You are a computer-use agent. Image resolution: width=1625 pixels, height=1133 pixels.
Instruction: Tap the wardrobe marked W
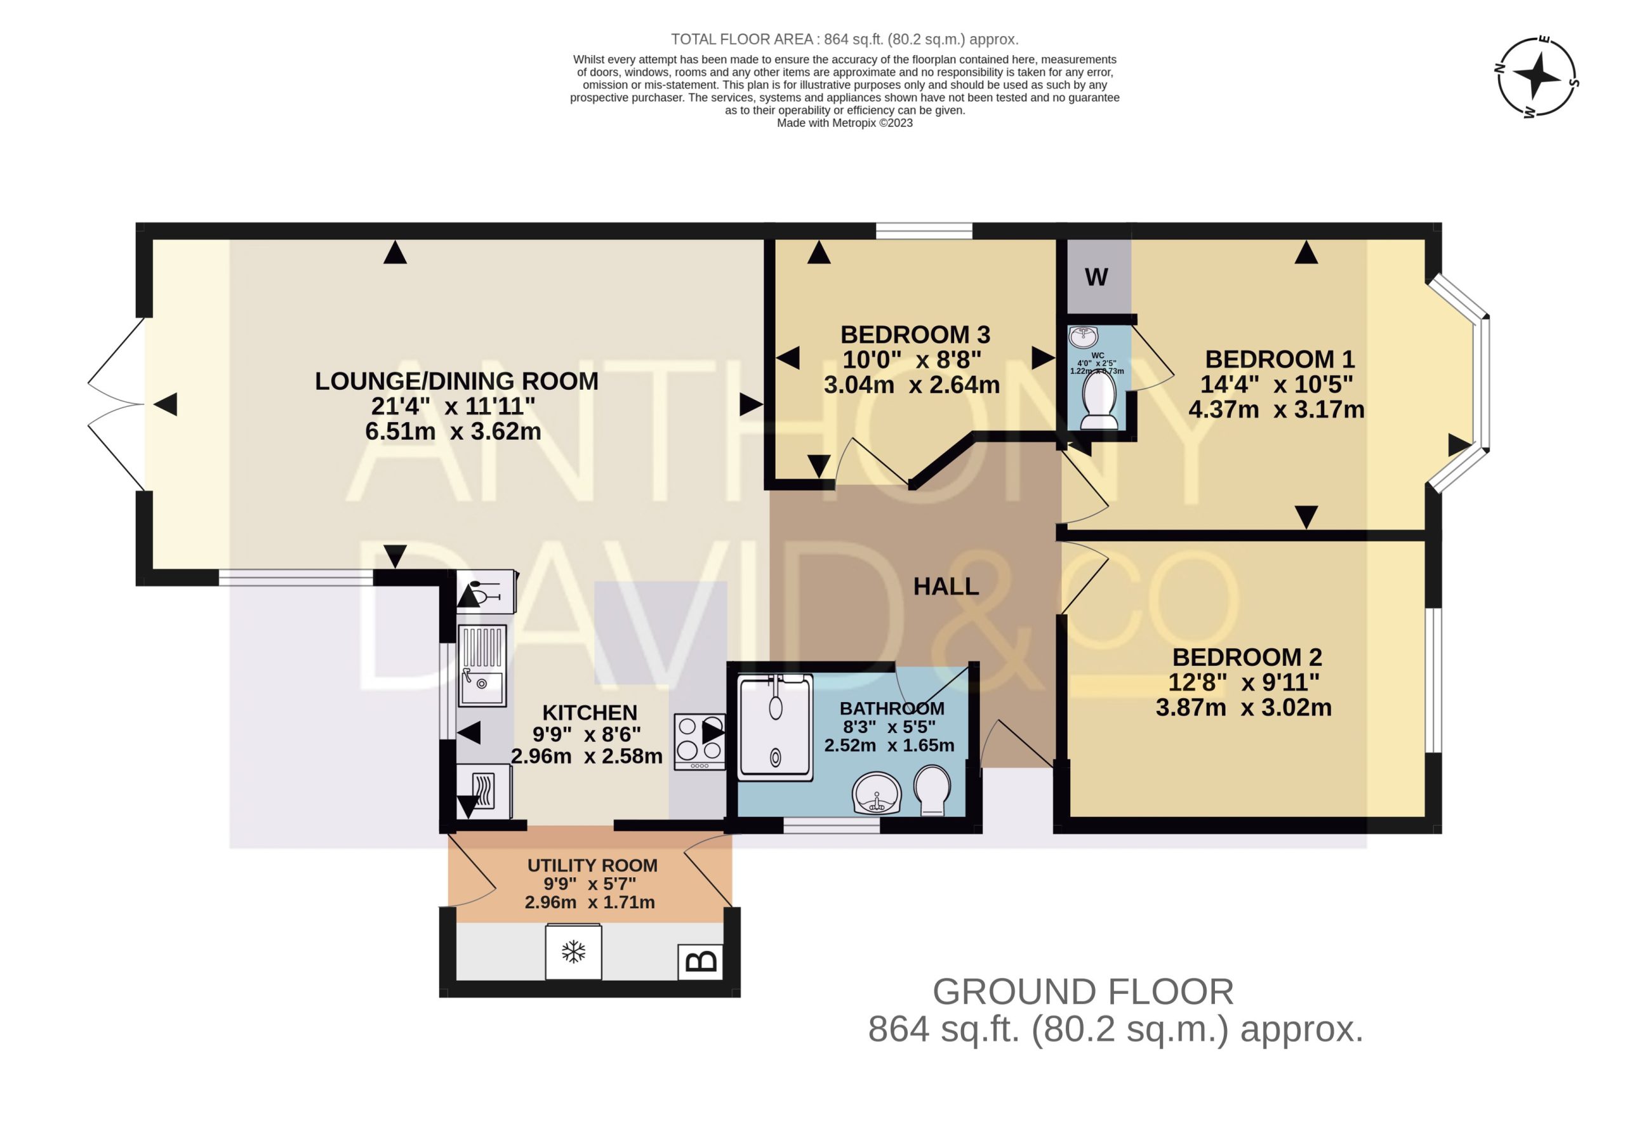point(1098,277)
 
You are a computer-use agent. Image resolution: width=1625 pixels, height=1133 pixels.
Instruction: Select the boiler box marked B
point(701,962)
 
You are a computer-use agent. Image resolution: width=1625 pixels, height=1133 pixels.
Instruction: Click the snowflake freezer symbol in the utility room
point(573,952)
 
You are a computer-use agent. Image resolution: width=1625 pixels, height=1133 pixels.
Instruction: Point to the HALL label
point(946,586)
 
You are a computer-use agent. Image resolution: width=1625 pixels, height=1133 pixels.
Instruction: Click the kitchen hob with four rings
point(700,741)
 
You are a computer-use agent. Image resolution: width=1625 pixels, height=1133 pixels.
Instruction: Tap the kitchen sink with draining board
point(482,665)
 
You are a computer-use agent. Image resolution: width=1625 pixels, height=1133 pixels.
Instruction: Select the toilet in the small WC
point(1099,401)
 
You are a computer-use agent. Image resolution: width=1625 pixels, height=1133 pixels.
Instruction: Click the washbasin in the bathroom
point(876,793)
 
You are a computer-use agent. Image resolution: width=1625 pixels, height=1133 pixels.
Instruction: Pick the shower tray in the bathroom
point(775,727)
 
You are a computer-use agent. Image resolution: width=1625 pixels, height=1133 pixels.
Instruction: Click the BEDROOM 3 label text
point(915,334)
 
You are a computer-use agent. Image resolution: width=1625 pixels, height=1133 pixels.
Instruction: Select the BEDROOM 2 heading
point(1247,657)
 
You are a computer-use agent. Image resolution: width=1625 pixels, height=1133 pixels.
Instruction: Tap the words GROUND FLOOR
point(1083,991)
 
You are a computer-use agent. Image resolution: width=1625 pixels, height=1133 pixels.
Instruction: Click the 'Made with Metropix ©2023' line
point(845,123)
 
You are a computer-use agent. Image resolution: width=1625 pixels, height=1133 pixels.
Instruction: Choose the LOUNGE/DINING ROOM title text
point(456,381)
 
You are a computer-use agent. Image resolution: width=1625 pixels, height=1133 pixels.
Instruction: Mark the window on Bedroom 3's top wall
point(924,230)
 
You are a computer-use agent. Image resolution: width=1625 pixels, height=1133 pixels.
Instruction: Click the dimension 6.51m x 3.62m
point(453,431)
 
